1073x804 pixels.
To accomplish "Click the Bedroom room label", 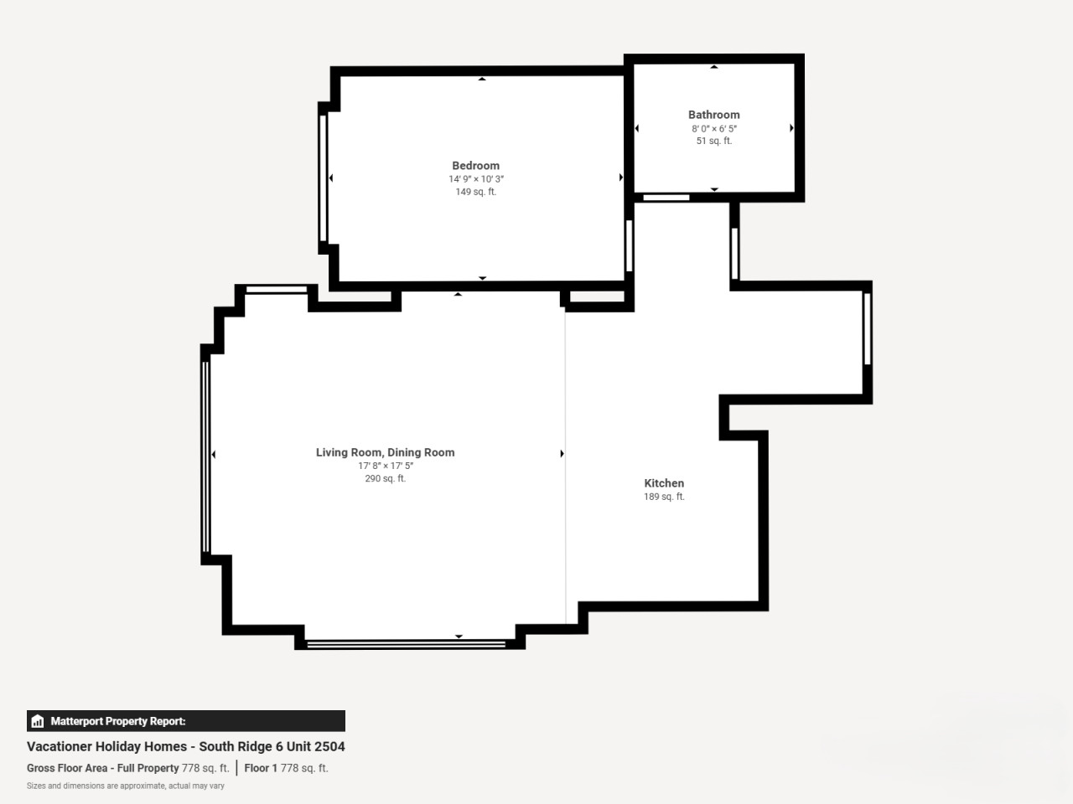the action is [475, 166].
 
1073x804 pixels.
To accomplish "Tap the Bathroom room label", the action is [713, 115].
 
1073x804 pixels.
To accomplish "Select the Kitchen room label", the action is [664, 483].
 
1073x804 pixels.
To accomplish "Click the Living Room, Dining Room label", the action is [386, 452].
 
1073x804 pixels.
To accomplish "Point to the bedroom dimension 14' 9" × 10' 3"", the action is [476, 179].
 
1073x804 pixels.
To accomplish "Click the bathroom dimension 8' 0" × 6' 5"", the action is [713, 128].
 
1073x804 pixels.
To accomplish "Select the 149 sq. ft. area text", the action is [475, 192].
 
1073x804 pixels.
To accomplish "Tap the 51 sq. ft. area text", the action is [713, 141].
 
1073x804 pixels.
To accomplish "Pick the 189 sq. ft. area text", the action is [664, 497].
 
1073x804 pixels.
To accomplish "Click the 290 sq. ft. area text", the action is [386, 478].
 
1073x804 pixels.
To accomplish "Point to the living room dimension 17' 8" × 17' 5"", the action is [386, 466].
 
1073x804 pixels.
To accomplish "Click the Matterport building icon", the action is [38, 721].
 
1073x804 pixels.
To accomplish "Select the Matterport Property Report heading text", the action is [118, 721].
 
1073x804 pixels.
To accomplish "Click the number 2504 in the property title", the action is [329, 746].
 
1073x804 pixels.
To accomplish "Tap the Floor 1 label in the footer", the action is [261, 768].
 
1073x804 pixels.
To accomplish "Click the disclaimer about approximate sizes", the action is [126, 786].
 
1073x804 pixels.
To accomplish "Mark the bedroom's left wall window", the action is [323, 178].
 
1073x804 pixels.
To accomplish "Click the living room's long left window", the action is [206, 457].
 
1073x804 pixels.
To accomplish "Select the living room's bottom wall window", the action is [406, 644].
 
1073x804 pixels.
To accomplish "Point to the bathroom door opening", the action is [666, 198].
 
